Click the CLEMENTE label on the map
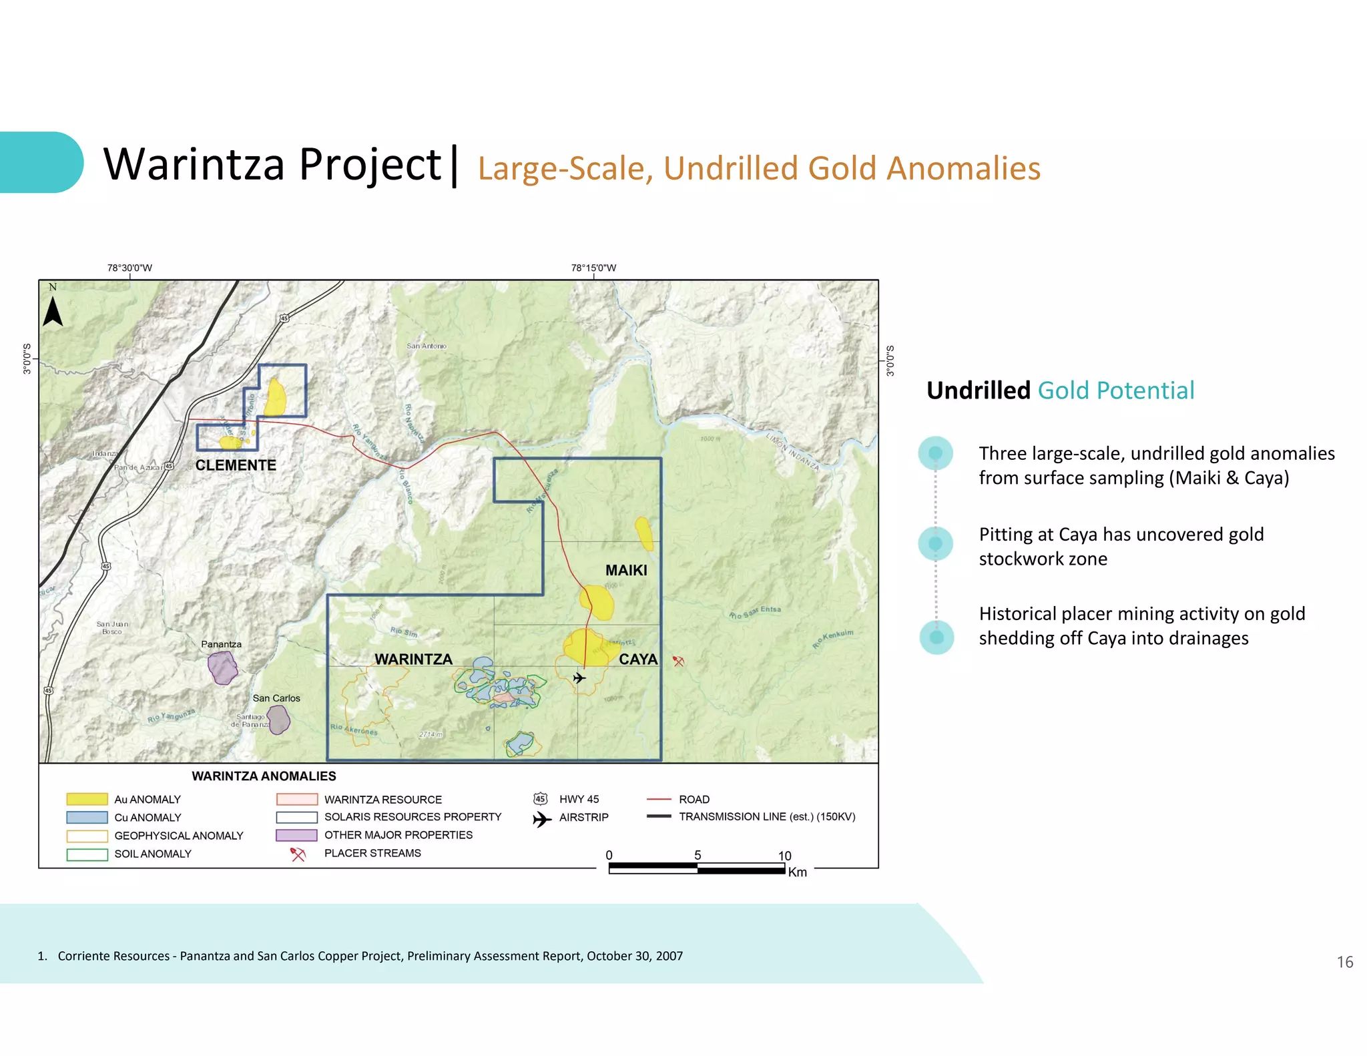point(236,465)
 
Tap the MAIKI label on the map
point(626,570)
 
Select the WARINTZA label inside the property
point(413,659)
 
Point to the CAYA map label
point(638,659)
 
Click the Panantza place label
point(221,644)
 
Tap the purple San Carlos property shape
point(278,720)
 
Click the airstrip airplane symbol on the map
point(579,678)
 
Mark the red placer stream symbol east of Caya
point(678,662)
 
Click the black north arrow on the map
point(53,311)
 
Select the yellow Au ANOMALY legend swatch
point(87,799)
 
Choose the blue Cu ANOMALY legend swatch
point(87,817)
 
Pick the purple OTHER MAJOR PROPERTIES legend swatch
point(296,835)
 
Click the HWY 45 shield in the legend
point(541,799)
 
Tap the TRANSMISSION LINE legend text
point(767,816)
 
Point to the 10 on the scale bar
point(784,856)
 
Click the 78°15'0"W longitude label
point(593,268)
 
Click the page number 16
point(1344,962)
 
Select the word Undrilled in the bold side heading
point(978,390)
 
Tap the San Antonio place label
point(427,346)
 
